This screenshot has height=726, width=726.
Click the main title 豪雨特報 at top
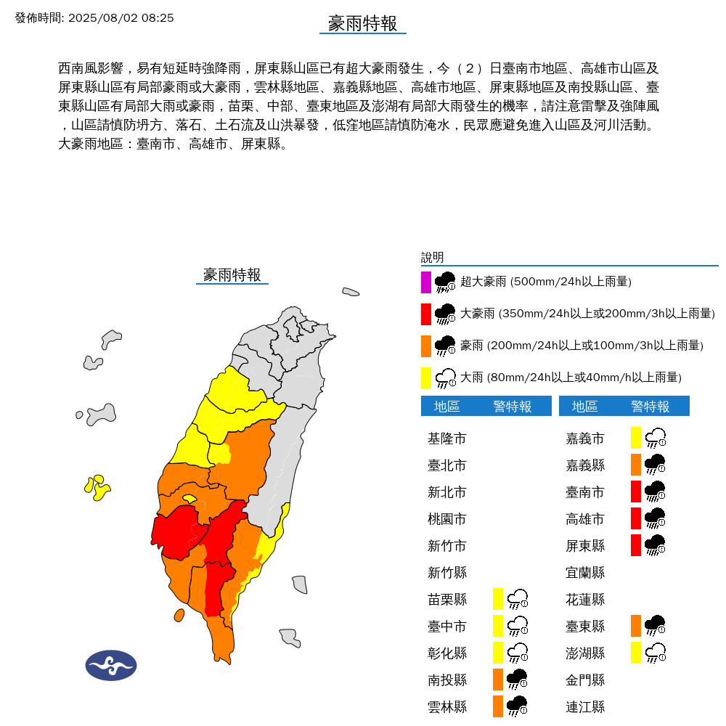362,23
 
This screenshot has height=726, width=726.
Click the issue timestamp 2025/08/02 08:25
121,17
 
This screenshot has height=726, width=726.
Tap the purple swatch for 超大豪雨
426,282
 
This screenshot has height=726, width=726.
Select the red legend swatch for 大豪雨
426,314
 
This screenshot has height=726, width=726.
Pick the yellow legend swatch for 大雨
426,378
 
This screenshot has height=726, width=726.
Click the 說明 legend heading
432,258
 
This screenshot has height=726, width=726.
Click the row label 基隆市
447,439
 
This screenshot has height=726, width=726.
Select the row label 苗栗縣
447,600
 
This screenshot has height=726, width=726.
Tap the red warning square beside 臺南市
636,492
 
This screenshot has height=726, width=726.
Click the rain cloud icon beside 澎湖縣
656,652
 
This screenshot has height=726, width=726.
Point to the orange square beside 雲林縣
498,706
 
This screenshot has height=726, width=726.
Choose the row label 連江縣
585,706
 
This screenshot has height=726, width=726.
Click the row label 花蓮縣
585,600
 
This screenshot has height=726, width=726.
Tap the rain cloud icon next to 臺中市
518,626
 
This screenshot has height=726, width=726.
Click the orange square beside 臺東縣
636,625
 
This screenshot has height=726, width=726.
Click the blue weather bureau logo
111,665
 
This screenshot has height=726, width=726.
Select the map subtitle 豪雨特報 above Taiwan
232,275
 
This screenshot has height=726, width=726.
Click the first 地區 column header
447,407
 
